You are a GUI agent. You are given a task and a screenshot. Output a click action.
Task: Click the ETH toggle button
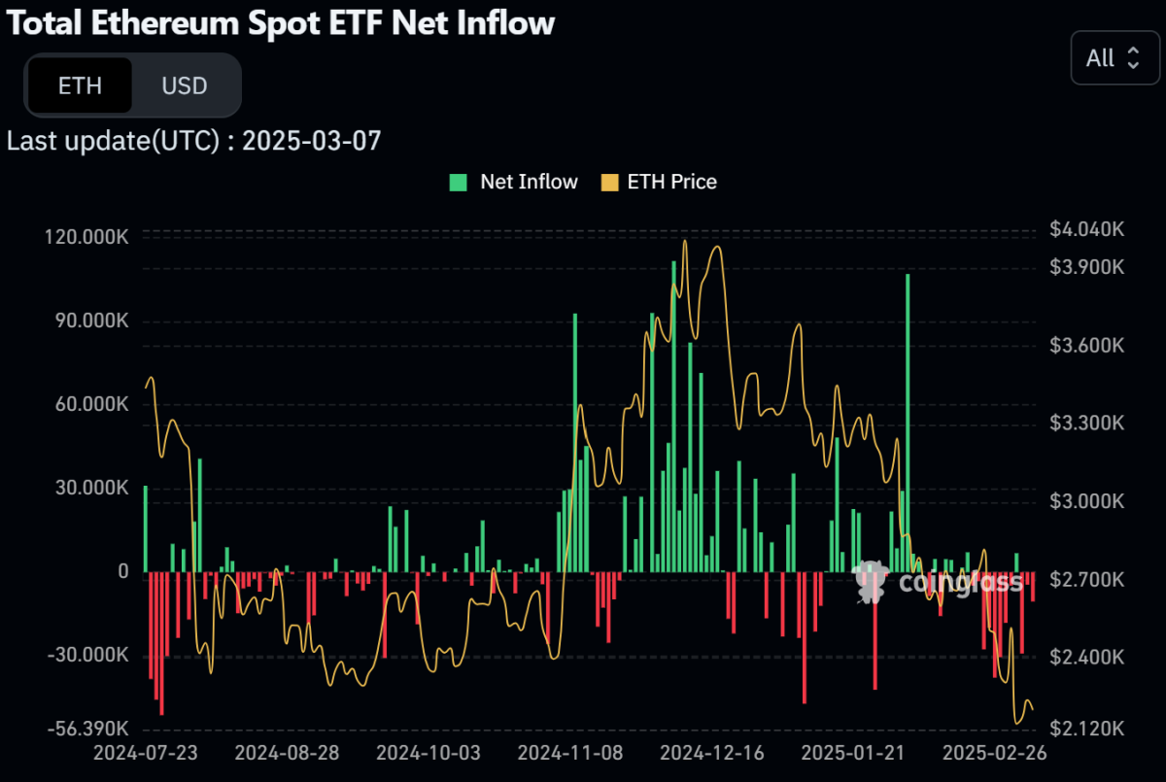tap(80, 85)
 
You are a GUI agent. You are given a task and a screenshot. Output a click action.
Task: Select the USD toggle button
tap(185, 85)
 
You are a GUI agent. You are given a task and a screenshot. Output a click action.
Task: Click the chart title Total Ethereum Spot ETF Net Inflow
tap(281, 23)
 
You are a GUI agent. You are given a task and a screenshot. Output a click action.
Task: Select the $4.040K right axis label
tap(1086, 229)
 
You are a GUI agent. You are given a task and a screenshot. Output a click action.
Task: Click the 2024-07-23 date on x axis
tap(144, 754)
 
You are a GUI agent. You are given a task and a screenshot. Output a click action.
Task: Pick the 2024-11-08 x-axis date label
tap(569, 754)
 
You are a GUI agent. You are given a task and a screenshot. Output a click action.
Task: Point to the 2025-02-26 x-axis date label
tap(995, 754)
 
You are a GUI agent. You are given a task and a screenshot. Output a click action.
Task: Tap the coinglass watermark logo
tap(938, 581)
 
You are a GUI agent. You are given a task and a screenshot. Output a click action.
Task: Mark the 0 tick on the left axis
tap(122, 572)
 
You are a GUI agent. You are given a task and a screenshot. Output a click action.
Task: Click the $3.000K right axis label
tap(1086, 501)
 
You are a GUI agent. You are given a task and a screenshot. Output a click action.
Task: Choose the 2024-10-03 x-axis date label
tap(428, 754)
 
